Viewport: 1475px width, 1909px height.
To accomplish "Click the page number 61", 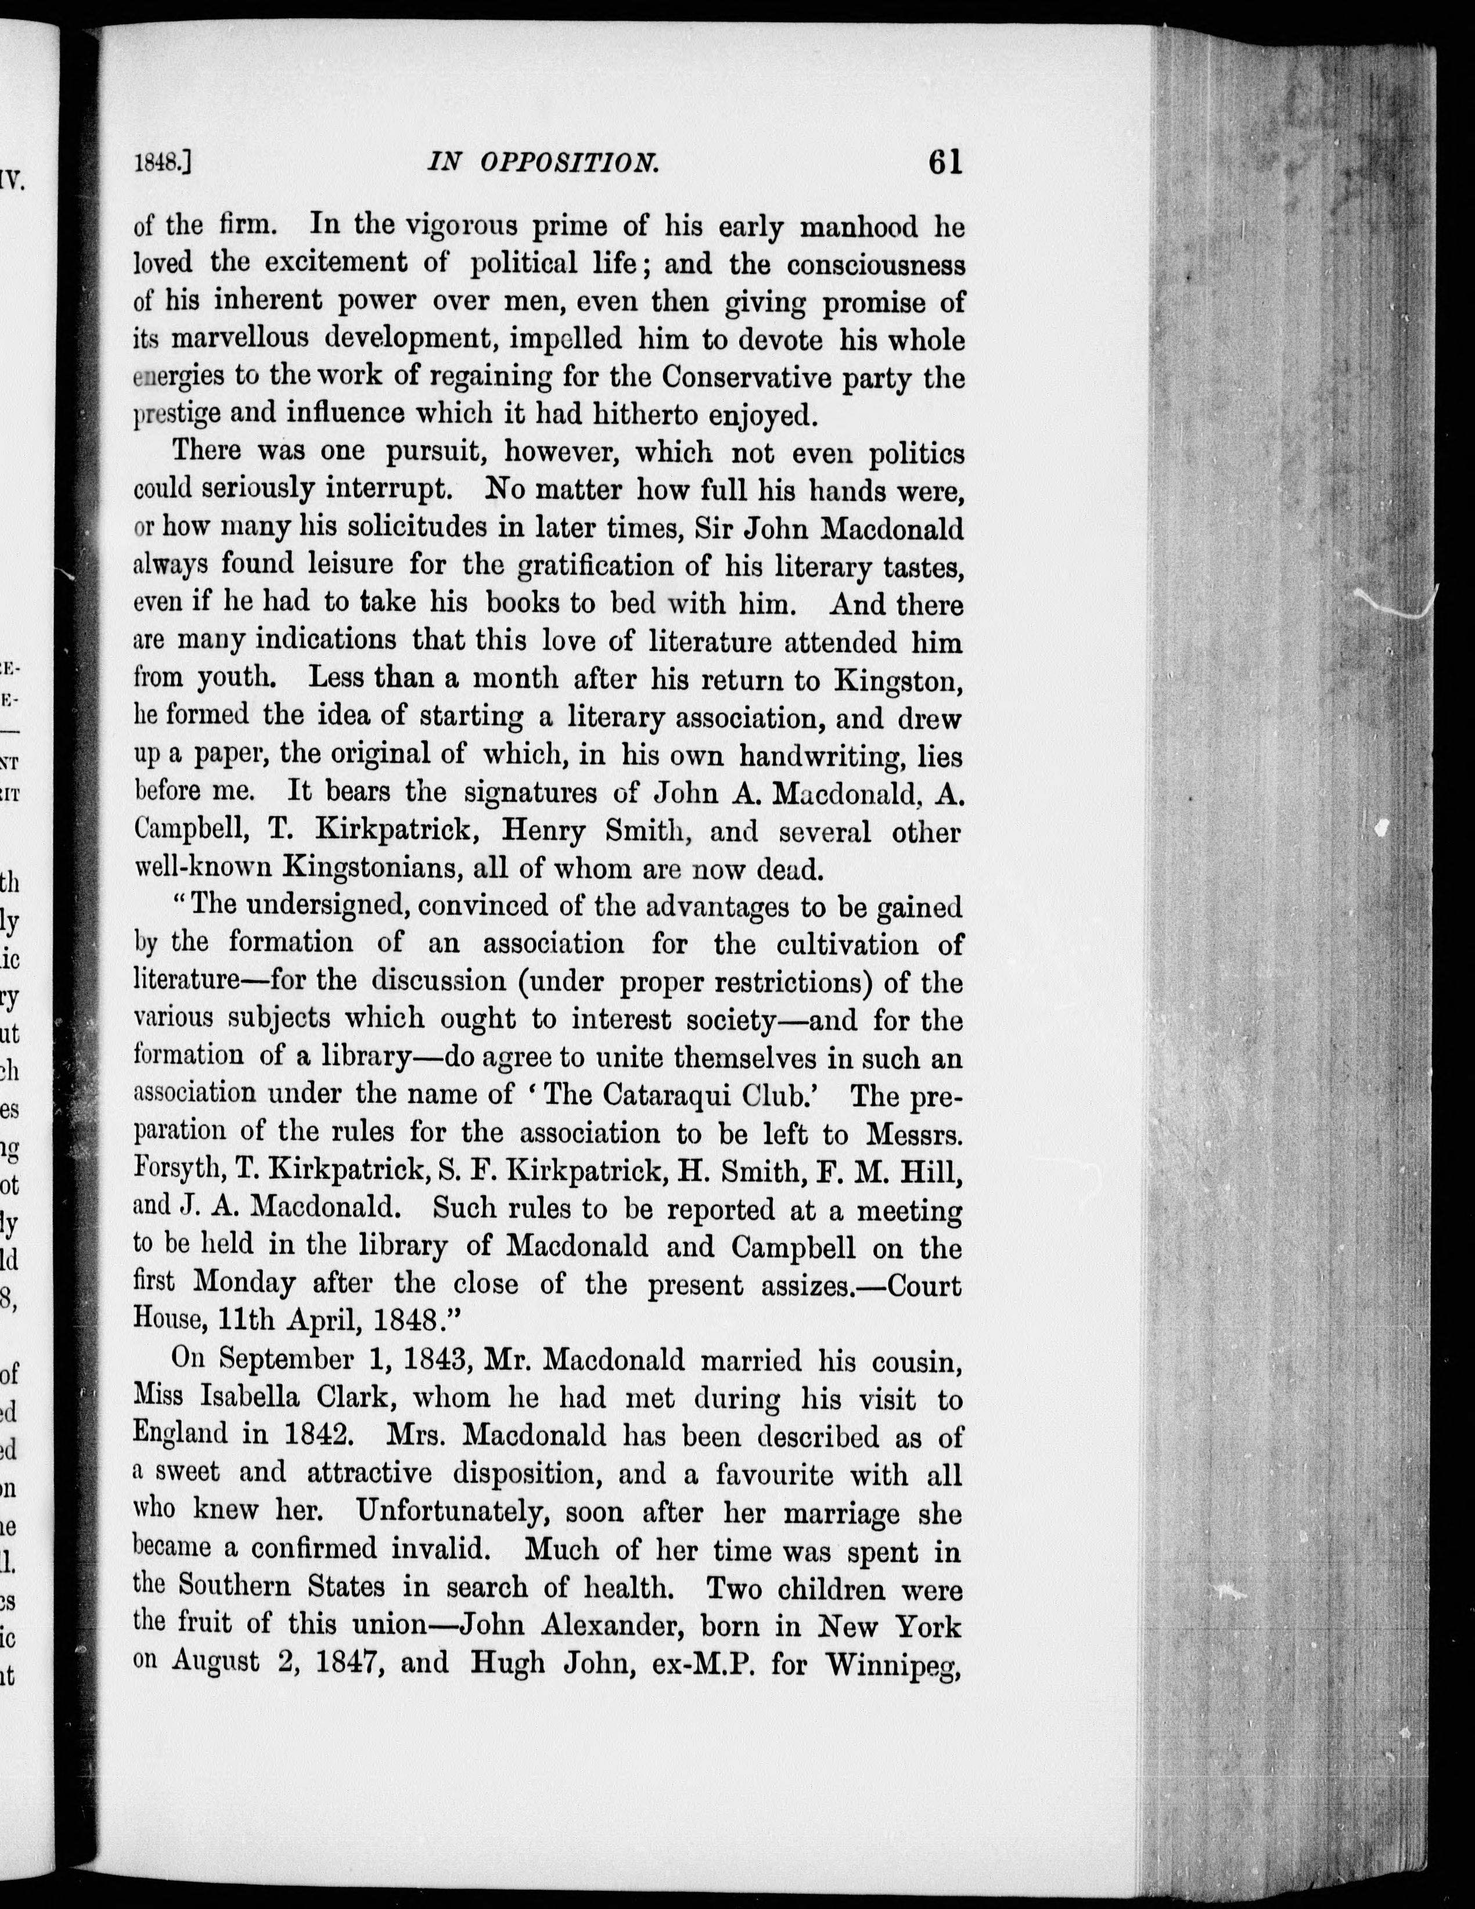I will (945, 163).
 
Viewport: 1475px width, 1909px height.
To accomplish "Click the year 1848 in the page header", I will (160, 164).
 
